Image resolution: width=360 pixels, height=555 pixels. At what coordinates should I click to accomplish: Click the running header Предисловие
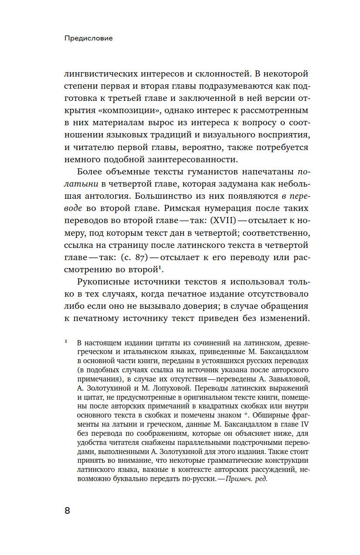click(88, 38)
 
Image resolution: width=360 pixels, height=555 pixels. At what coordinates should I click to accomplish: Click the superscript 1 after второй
click(166, 266)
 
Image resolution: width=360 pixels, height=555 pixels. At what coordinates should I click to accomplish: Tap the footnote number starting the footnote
click(66, 341)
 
